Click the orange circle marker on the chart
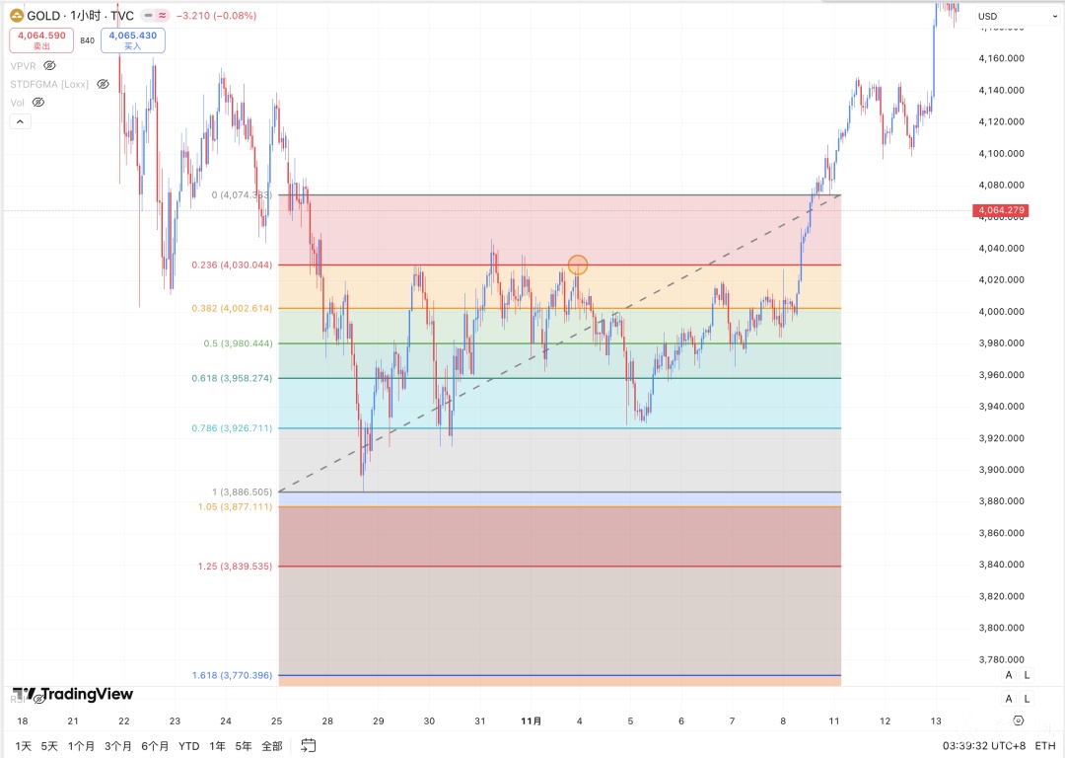[x=578, y=265]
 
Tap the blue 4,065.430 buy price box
[x=133, y=40]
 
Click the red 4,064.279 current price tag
[x=1001, y=210]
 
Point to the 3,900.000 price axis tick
[x=1001, y=470]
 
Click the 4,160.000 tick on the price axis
[x=1001, y=58]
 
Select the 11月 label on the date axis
[x=532, y=721]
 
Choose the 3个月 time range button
[x=118, y=746]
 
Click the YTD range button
[x=188, y=746]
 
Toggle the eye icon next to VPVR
[x=49, y=65]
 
